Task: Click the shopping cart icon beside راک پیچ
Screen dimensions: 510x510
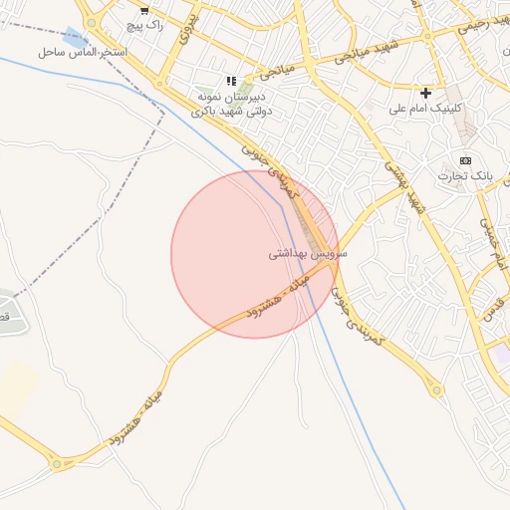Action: (x=145, y=12)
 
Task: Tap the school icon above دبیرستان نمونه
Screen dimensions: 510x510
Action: (x=231, y=81)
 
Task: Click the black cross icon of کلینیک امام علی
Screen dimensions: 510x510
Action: (x=426, y=93)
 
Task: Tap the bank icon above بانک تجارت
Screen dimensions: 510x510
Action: (x=464, y=160)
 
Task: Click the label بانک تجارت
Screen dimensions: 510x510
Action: (x=464, y=175)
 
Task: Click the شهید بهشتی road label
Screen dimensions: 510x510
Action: (x=395, y=175)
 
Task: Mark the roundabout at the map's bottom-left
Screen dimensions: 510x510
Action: (x=58, y=463)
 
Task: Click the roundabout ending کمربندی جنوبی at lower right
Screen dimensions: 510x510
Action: (x=436, y=389)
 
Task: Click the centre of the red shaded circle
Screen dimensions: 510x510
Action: (x=255, y=254)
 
